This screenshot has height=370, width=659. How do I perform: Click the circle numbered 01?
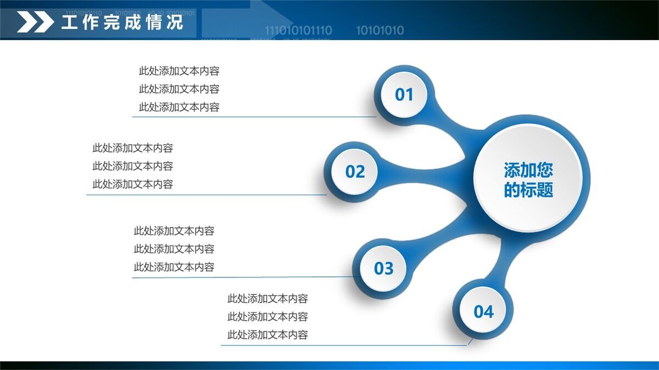click(404, 94)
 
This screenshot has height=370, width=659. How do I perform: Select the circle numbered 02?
click(355, 172)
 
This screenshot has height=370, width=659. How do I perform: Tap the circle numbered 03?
click(383, 269)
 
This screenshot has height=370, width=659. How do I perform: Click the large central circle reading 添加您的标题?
click(528, 178)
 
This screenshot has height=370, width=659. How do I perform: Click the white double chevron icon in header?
click(35, 22)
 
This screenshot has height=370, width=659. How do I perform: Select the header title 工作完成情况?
click(122, 22)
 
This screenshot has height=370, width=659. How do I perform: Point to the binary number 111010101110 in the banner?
click(298, 30)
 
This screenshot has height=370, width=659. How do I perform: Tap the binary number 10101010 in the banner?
click(380, 30)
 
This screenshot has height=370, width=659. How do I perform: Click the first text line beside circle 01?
click(179, 71)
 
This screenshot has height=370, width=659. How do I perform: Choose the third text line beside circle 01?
click(179, 107)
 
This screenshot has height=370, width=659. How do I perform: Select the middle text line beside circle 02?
click(133, 166)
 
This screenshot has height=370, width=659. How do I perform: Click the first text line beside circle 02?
click(133, 148)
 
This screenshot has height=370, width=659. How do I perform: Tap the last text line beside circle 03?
click(174, 267)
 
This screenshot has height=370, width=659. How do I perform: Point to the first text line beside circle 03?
click(174, 231)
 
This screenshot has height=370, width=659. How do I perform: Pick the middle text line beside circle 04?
click(268, 317)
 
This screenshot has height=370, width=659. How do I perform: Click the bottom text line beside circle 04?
click(268, 335)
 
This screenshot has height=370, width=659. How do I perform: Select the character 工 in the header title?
click(69, 22)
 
